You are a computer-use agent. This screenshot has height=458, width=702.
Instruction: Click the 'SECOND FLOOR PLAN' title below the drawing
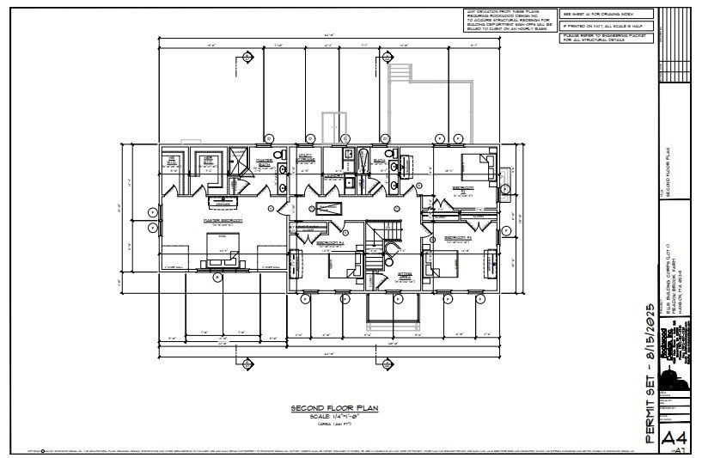[x=329, y=408]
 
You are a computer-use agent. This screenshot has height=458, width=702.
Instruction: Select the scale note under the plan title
[x=329, y=416]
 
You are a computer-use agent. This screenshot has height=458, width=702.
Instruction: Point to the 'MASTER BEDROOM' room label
[x=222, y=220]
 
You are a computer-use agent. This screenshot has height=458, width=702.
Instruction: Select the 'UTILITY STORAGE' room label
[x=307, y=159]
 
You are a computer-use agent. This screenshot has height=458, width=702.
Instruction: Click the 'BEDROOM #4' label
[x=330, y=243]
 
